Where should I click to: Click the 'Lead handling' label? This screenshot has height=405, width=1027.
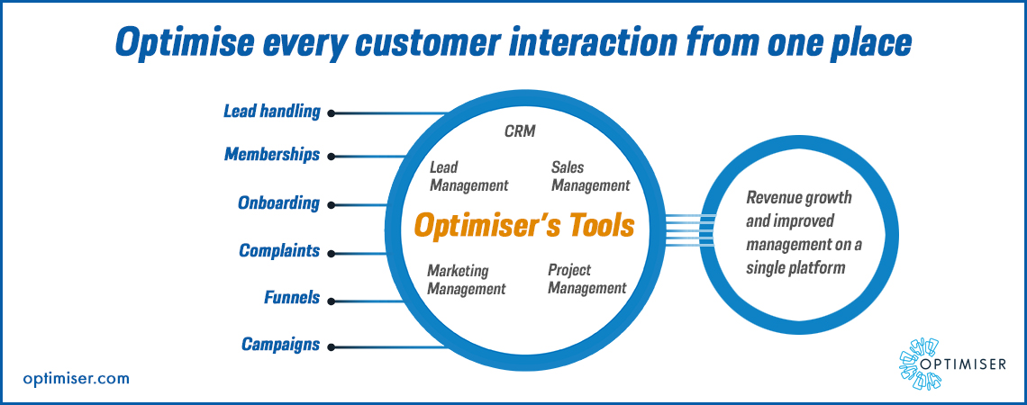(272, 112)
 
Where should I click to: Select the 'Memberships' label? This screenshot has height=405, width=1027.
(272, 155)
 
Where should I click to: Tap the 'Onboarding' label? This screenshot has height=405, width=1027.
(278, 203)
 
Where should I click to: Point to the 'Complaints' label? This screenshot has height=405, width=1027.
(279, 251)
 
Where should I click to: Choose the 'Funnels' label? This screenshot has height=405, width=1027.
(292, 297)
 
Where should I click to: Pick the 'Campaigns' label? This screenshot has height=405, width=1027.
(280, 344)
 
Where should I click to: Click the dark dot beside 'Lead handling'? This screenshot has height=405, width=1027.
(332, 113)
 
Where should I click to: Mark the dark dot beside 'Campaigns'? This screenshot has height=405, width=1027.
(332, 346)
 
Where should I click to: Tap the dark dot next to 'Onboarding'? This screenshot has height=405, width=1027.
(332, 204)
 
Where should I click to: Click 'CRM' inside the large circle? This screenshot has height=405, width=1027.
(519, 131)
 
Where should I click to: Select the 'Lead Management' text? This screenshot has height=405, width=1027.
(468, 176)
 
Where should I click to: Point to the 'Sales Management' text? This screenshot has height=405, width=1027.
(590, 176)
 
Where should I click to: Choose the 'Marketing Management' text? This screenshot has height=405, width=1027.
(466, 280)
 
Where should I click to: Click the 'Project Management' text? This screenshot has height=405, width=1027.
(586, 279)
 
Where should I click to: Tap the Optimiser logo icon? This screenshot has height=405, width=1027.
(918, 364)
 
